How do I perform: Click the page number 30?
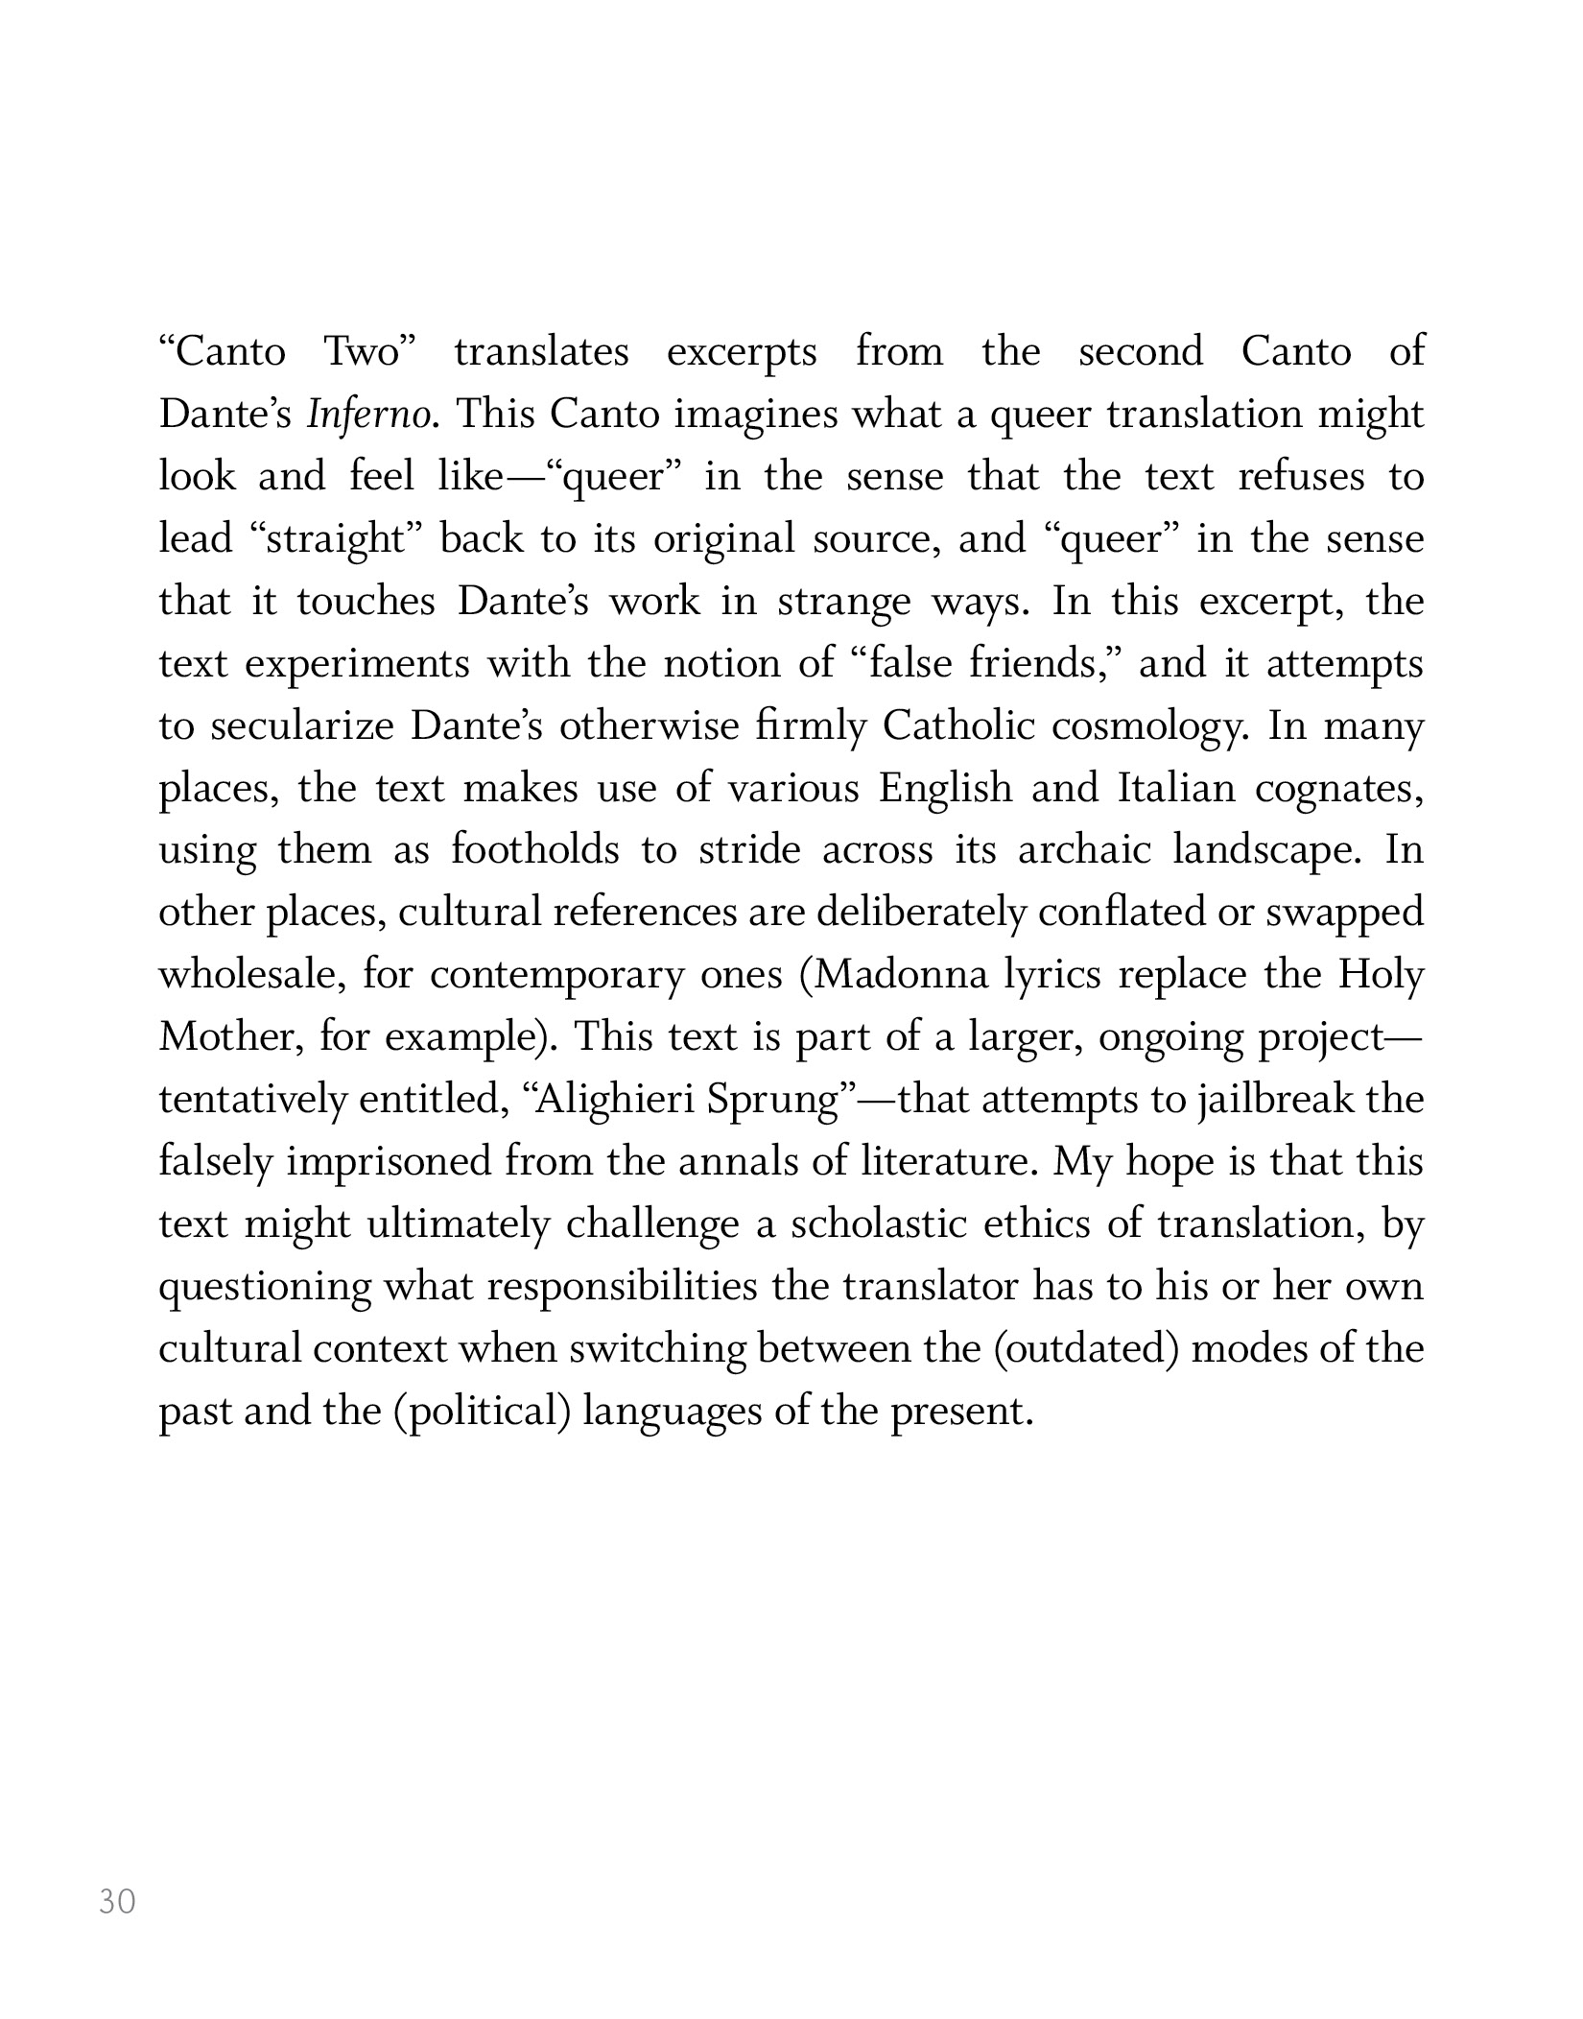(x=117, y=1901)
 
